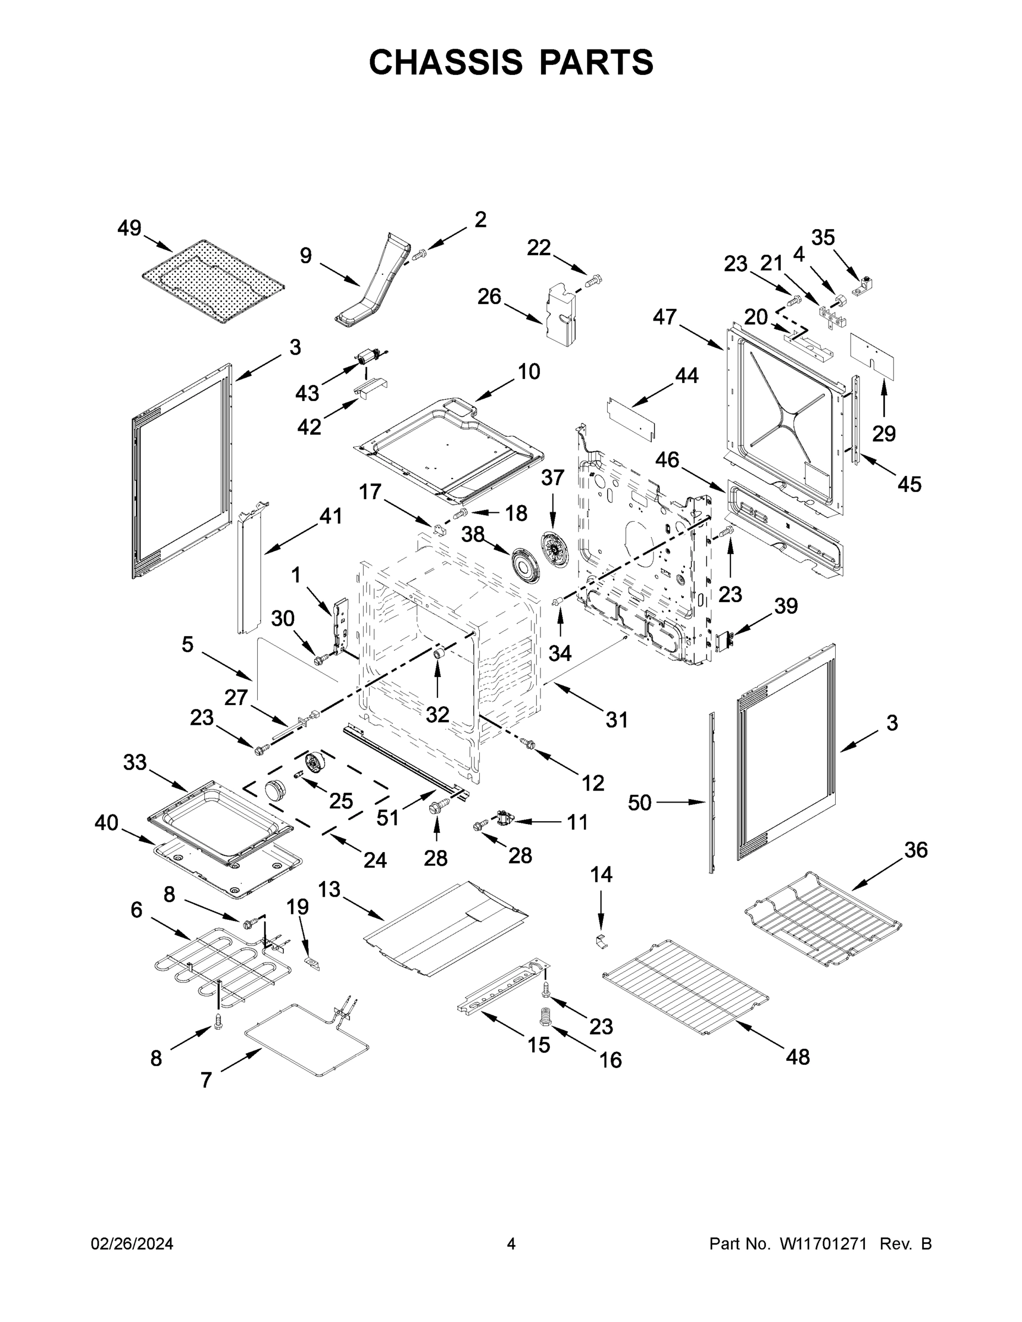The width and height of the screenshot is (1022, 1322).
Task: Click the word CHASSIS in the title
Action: (446, 62)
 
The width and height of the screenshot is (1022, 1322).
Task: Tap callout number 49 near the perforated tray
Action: (129, 228)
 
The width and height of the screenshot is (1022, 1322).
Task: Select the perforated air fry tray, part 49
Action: (213, 281)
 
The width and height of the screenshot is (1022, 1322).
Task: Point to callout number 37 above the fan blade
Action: (552, 478)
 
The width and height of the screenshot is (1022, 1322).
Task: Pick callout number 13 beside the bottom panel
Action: (329, 889)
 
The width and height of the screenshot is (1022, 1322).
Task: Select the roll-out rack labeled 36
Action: (824, 922)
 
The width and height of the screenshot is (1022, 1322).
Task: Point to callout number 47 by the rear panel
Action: (664, 317)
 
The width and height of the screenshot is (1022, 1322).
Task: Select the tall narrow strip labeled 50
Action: (711, 794)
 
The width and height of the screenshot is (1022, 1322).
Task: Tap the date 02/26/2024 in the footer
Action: (132, 1244)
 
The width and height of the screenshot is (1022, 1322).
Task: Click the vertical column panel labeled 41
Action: (250, 569)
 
